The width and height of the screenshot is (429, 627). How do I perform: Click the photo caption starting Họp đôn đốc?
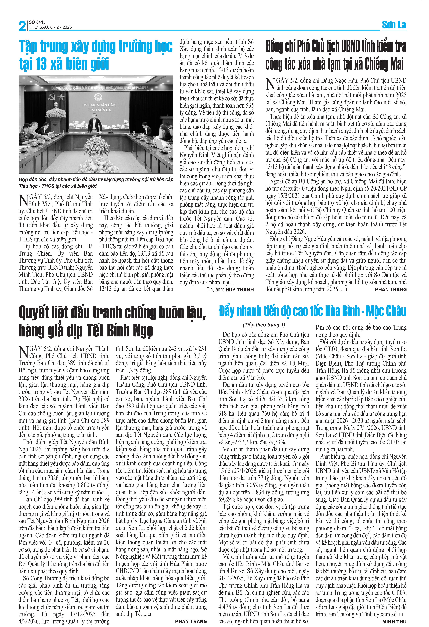click(96, 183)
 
